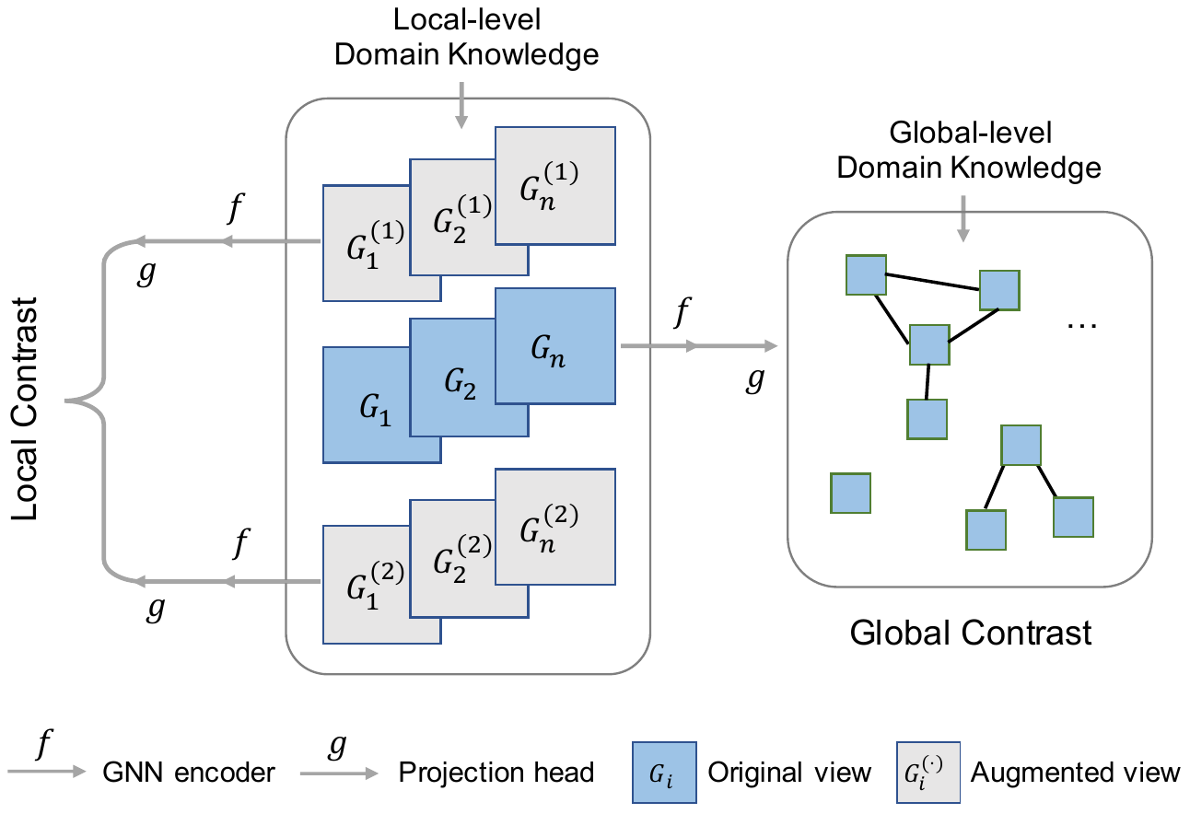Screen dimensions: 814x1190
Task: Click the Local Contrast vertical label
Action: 25,408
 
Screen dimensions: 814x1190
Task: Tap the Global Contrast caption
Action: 971,633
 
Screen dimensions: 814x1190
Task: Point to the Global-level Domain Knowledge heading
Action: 970,150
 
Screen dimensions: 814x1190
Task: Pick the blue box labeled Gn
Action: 554,347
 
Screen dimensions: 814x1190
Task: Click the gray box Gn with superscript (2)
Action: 554,527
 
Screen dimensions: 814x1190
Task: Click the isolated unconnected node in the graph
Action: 850,493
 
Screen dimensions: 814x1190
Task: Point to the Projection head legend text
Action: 496,772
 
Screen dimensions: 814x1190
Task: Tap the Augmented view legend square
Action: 927,772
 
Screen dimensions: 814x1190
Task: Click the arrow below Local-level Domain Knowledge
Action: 462,109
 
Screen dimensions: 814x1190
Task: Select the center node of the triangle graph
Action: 929,344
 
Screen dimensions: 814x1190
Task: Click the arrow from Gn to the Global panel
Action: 700,347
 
